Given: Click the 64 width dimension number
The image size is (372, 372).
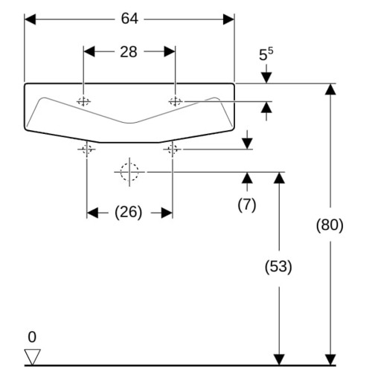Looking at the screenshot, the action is (129, 19).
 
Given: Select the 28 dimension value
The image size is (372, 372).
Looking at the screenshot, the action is (129, 52).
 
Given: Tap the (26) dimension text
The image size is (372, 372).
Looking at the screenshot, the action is (129, 213).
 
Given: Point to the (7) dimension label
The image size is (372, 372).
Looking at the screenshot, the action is (247, 205).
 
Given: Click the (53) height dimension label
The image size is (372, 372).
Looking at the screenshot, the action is (278, 267).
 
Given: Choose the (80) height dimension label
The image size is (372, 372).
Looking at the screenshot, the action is (330, 225).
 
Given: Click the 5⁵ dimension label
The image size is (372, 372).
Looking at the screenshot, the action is (266, 54).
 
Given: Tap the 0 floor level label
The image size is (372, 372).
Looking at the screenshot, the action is (32, 337).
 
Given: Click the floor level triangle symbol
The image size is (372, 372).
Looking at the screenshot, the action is (32, 357).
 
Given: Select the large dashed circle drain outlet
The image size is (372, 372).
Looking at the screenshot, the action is (129, 172).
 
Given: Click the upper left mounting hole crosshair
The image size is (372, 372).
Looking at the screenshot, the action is (83, 101).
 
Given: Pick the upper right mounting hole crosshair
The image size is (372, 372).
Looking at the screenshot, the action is (176, 101).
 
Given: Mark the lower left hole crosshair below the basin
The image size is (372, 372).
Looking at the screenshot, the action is (86, 150).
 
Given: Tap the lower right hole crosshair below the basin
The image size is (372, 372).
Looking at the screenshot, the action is (173, 150).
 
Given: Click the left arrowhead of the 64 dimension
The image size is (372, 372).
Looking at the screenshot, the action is (30, 19).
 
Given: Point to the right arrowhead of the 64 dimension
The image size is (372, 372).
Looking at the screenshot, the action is (228, 19).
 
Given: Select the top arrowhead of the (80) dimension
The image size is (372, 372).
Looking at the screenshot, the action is (330, 89).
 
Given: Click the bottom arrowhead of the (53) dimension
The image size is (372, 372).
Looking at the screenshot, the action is (279, 360).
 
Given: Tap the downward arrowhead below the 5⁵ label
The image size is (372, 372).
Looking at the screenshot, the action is (266, 78).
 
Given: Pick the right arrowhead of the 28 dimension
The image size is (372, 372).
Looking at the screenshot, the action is (170, 51).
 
